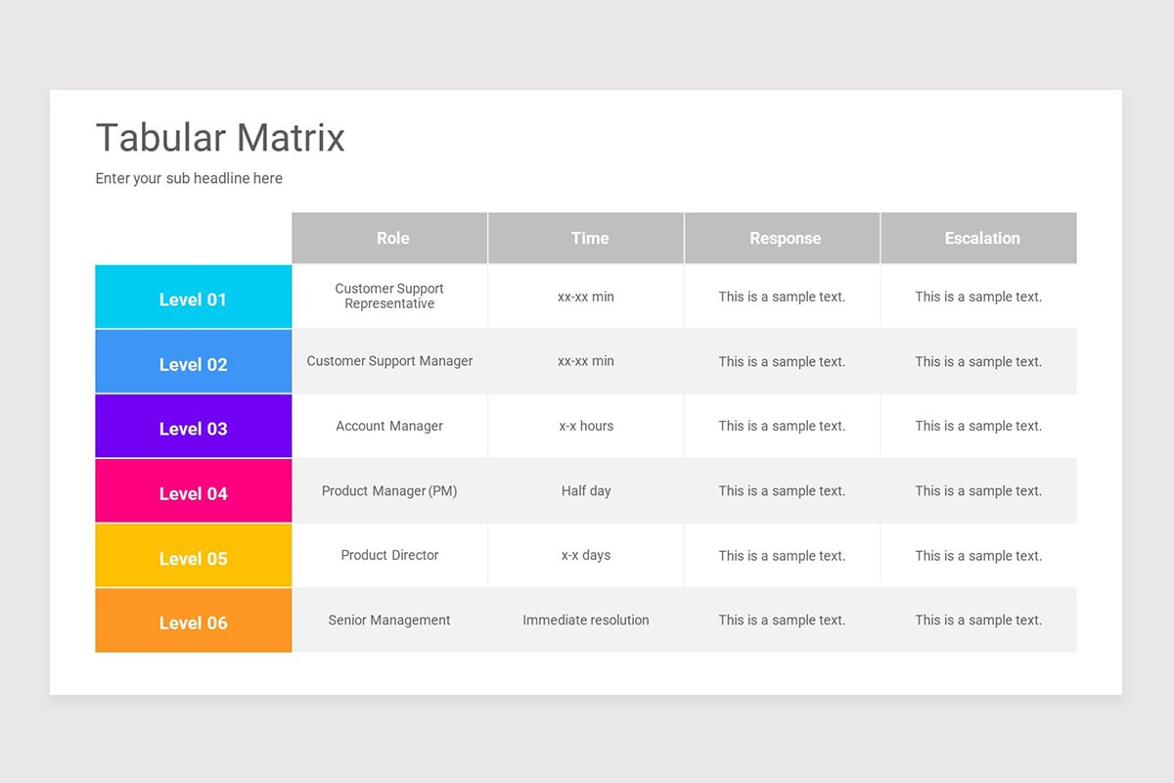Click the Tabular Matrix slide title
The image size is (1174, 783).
220,138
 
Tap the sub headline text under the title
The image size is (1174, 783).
189,178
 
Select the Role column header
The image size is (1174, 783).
392,238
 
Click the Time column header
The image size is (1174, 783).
589,238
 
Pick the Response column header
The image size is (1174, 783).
785,238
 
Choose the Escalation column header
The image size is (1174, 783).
981,238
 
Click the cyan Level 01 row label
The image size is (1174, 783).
193,299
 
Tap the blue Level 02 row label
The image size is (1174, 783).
193,364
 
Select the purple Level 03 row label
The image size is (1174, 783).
193,429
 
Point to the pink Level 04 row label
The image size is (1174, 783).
193,493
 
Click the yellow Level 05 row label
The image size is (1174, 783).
193,558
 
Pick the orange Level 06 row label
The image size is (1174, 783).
193,622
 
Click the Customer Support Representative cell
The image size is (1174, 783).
389,296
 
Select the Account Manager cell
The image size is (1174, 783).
389,426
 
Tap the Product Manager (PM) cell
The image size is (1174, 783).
389,490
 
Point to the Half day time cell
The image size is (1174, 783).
586,490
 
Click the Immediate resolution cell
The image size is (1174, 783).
586,620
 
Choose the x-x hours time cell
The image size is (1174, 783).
586,426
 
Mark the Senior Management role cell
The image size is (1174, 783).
389,620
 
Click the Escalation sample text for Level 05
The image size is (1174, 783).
978,555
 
